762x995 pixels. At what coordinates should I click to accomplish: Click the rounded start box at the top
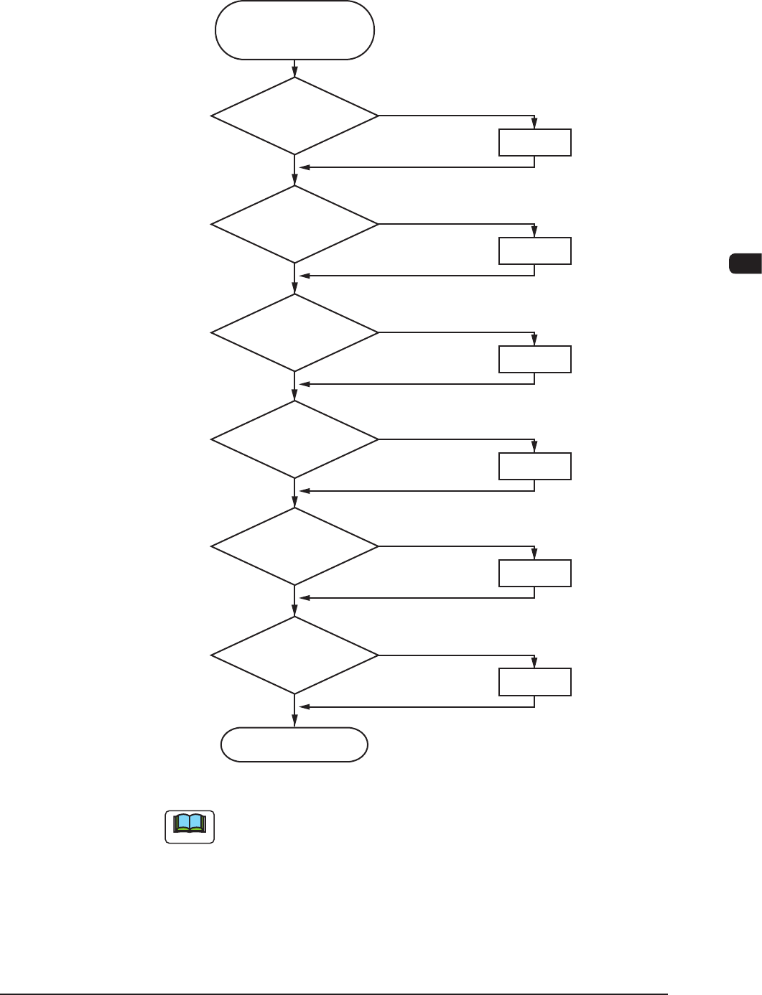coord(294,30)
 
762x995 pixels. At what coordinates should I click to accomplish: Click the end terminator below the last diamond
coord(294,744)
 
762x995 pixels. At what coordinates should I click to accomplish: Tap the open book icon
coord(190,827)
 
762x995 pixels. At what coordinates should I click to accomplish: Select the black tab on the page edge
coord(745,263)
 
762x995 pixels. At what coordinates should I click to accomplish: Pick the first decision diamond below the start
coord(294,116)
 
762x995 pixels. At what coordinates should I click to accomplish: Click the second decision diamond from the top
coord(294,224)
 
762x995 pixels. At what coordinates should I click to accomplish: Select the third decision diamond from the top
coord(294,332)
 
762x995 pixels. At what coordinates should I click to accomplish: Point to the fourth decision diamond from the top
coord(294,439)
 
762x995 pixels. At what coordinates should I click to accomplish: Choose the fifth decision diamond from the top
coord(294,546)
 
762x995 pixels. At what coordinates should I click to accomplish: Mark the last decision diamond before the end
coord(294,655)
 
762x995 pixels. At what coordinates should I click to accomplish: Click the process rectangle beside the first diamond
coord(535,143)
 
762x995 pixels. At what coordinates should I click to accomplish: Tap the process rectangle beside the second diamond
coord(535,251)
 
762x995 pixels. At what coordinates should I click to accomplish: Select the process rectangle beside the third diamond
coord(535,359)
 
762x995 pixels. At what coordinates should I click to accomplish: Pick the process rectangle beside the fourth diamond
coord(535,466)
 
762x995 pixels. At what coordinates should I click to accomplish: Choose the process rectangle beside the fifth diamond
coord(535,574)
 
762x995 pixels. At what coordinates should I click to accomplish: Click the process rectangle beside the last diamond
coord(535,681)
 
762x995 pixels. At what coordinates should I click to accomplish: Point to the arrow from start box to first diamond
coord(294,68)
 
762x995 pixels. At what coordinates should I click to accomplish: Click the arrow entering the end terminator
coord(294,715)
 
